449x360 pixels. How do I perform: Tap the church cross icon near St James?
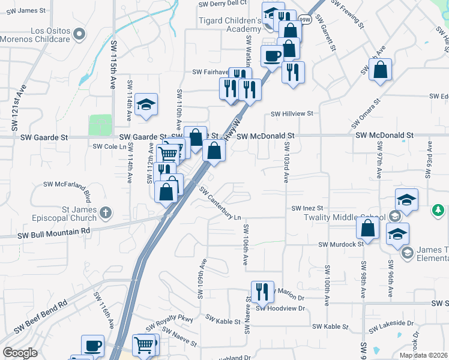click(106, 212)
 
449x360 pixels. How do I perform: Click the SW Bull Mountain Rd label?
click(53, 230)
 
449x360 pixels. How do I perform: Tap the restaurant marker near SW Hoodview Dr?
click(262, 292)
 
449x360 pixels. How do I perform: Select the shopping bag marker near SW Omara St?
click(381, 70)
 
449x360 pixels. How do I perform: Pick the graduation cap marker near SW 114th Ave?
click(146, 105)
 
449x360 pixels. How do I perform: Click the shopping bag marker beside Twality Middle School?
click(367, 228)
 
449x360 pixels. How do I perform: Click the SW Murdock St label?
click(341, 244)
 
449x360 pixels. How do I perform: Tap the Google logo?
click(20, 352)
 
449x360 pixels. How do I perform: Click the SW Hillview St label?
click(292, 113)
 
